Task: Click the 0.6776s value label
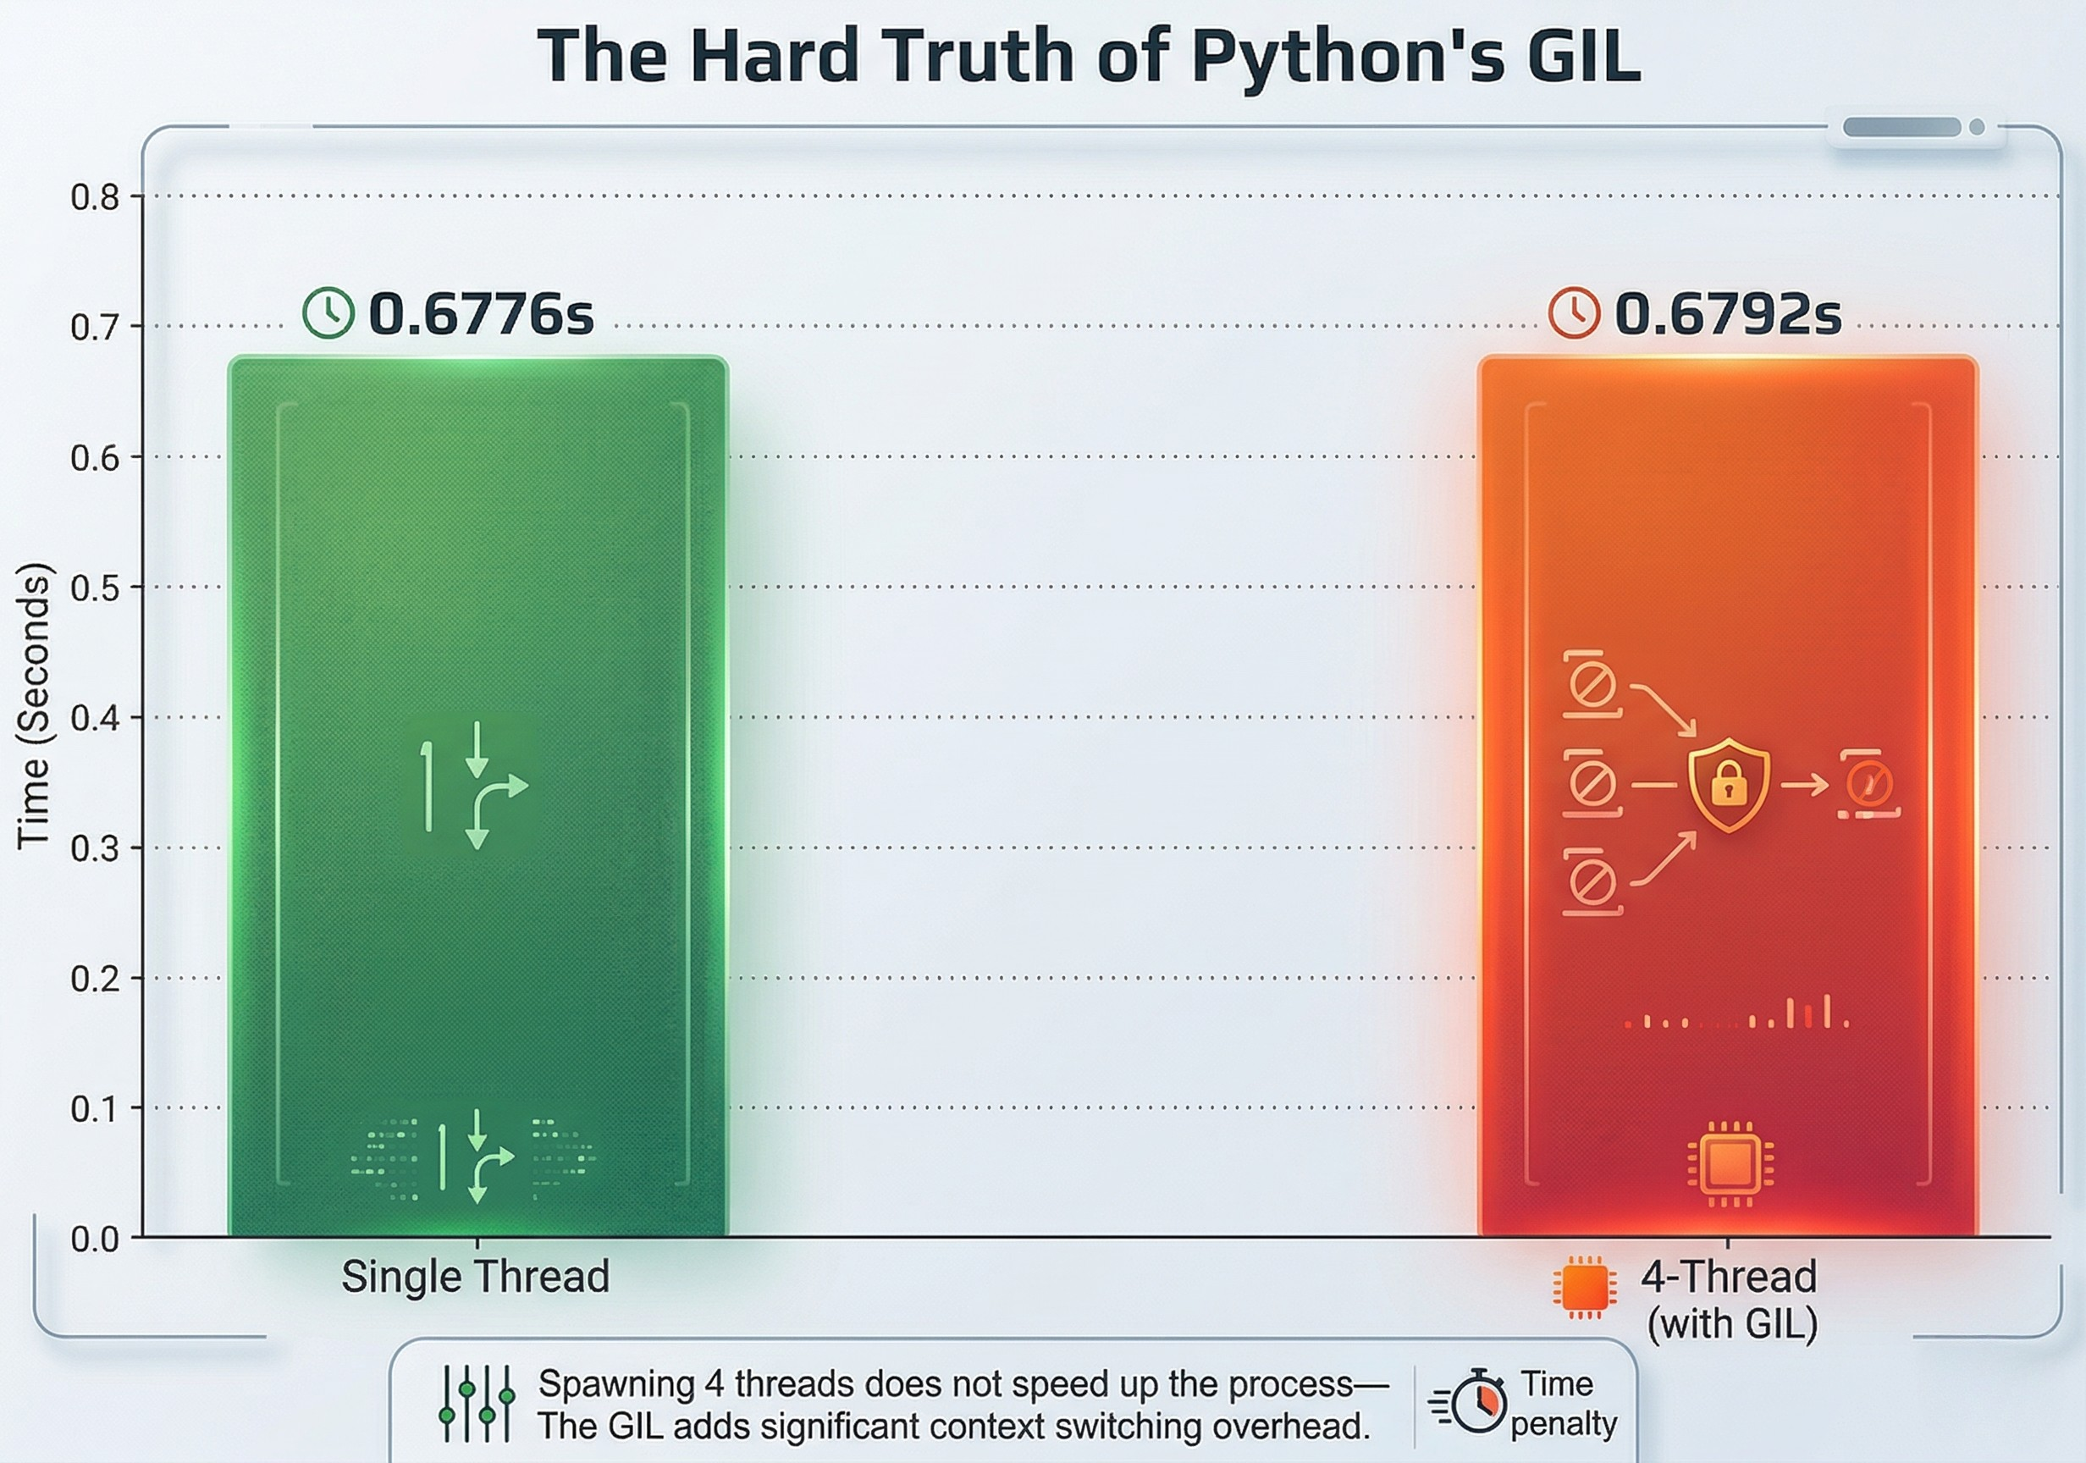481,314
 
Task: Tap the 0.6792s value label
1727,314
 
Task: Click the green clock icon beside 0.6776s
328,313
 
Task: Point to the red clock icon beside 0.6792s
1574,313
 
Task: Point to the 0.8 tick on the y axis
95,197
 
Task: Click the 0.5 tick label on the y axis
95,588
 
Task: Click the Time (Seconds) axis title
34,707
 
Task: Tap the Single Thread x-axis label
475,1277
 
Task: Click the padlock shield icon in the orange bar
1728,785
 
